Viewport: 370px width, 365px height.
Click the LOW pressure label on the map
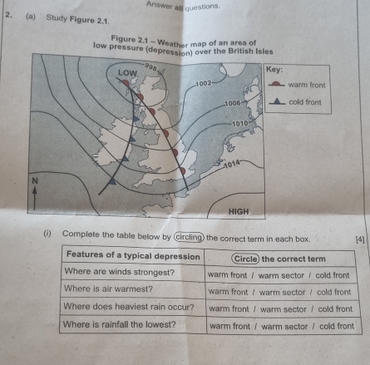tap(127, 73)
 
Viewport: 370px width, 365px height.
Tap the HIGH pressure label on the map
tap(239, 212)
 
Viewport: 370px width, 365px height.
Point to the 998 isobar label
tap(150, 67)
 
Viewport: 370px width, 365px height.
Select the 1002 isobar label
tap(204, 83)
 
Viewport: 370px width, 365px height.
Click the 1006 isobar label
tap(233, 104)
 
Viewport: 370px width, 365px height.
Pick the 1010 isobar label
tap(240, 124)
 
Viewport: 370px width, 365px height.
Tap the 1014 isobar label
tap(232, 164)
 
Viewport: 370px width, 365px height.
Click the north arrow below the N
tap(35, 198)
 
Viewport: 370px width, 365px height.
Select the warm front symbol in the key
tap(276, 84)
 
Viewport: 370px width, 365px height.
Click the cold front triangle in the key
tap(277, 101)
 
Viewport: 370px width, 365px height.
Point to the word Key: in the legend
tap(274, 69)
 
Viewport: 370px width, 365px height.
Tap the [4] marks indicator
tap(360, 239)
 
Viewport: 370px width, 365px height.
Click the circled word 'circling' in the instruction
tap(189, 238)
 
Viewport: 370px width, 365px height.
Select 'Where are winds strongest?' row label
tap(120, 272)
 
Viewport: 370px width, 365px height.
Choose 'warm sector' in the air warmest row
tap(282, 292)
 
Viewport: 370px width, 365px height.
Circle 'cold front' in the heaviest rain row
tap(335, 308)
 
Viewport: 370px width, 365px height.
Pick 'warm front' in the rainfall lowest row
tap(229, 326)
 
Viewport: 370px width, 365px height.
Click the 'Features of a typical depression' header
tap(133, 255)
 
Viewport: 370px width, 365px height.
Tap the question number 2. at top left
tap(9, 15)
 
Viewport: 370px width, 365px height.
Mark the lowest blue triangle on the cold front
tap(112, 181)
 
